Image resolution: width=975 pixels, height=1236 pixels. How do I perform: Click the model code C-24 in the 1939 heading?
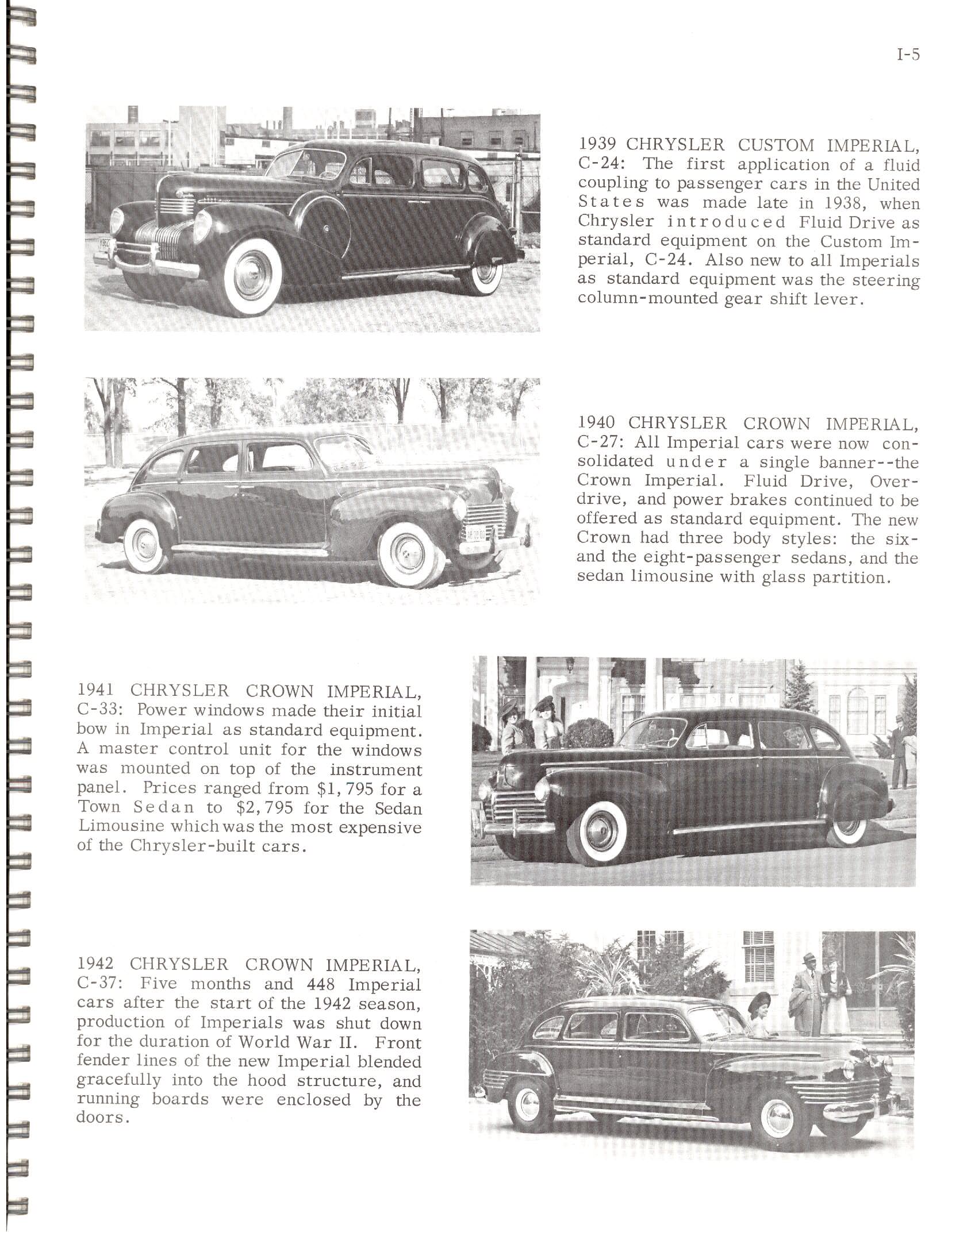pos(598,164)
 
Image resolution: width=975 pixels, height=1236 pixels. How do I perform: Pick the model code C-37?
pos(98,984)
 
